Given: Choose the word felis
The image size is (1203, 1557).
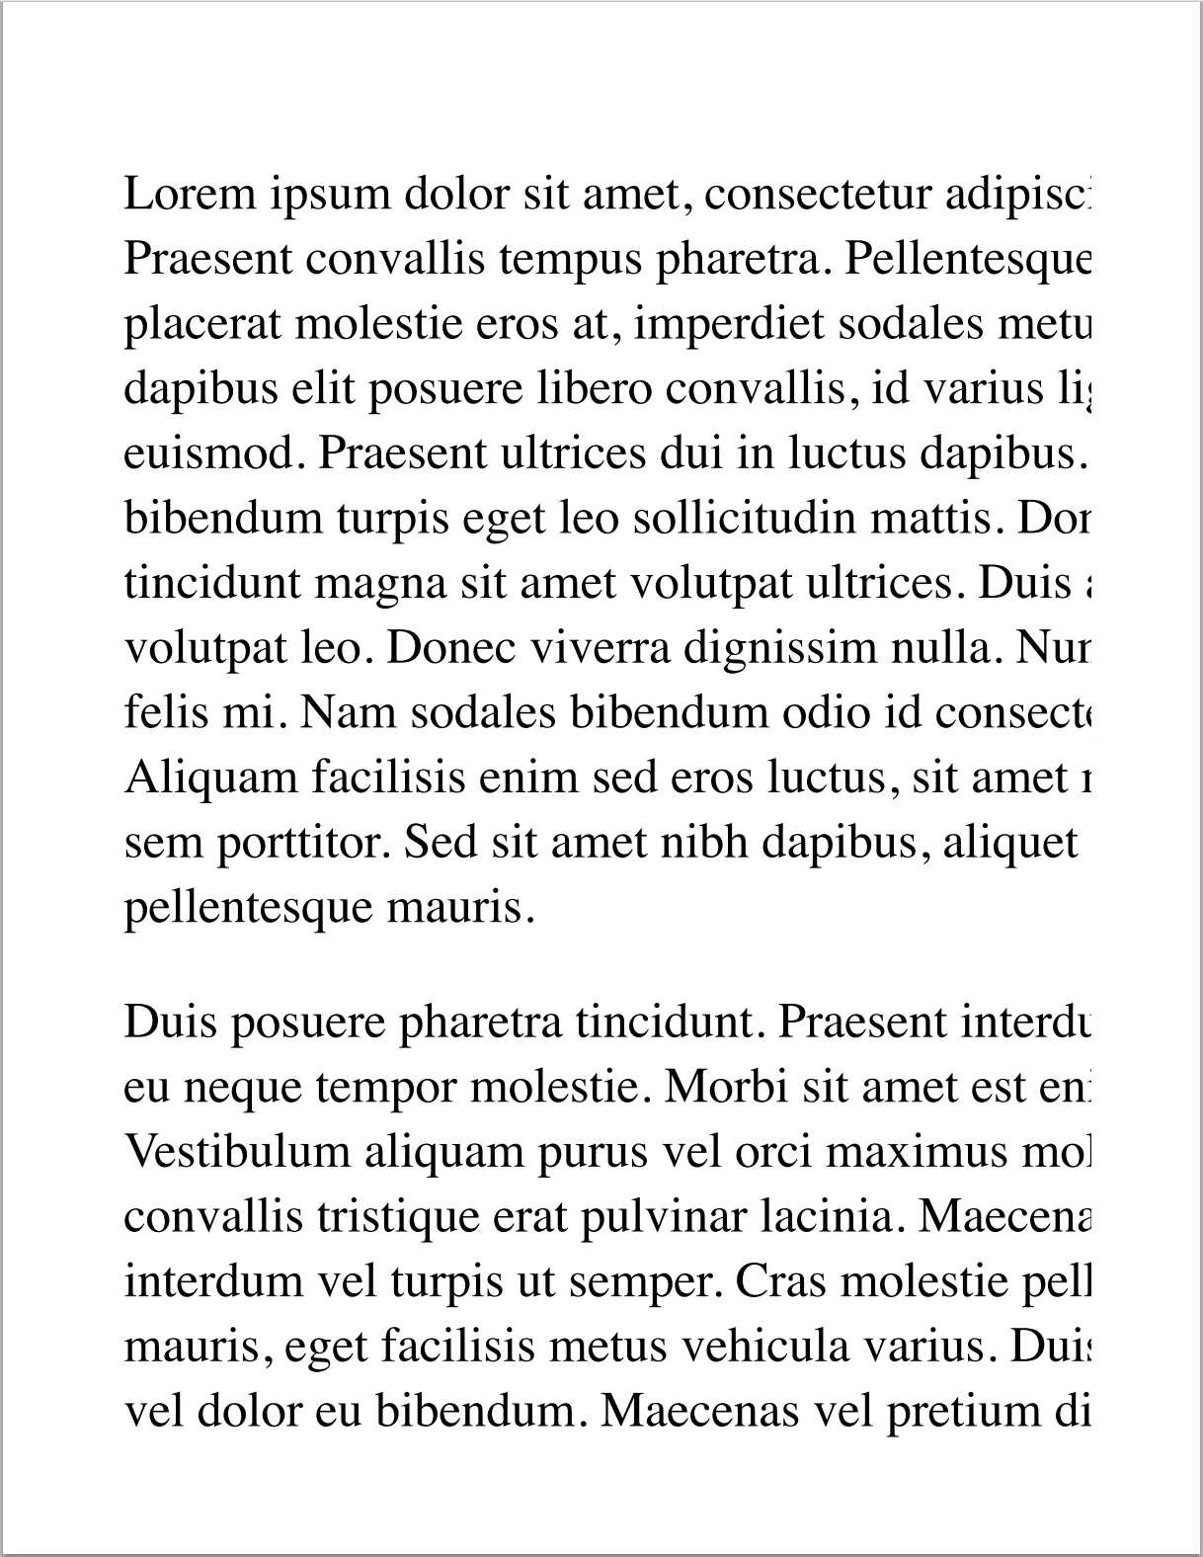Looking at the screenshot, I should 157,712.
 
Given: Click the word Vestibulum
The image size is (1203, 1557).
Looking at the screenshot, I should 238,1152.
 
